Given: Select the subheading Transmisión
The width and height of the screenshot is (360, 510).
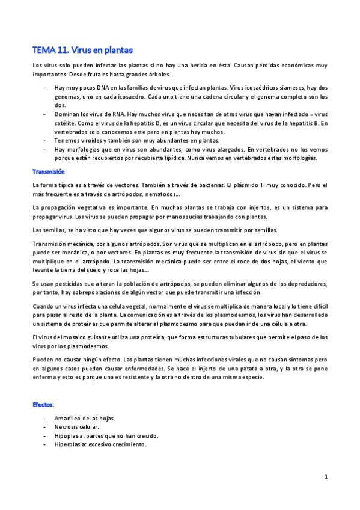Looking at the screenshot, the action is [49, 171].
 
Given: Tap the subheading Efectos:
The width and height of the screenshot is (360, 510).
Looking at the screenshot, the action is [44, 405].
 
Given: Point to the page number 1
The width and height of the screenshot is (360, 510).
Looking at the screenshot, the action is [326, 477].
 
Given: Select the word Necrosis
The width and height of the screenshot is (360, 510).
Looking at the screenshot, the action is [67, 427].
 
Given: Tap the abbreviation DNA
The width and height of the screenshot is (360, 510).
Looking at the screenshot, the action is [100, 88].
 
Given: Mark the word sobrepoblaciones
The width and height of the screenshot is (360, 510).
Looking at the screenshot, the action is [95, 292].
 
